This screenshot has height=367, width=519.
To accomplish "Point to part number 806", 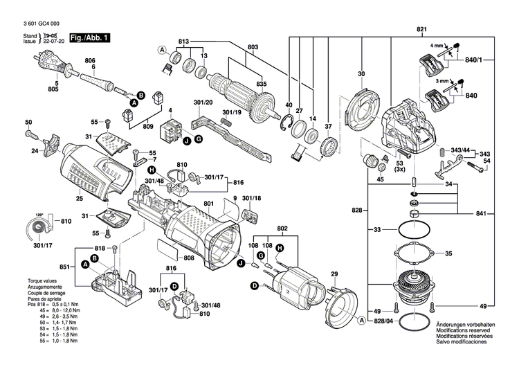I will tap(90, 61).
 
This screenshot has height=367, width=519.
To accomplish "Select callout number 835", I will tap(261, 84).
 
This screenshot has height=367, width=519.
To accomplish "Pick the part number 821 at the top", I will tap(421, 28).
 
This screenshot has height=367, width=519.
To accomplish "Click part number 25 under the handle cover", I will tap(80, 198).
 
